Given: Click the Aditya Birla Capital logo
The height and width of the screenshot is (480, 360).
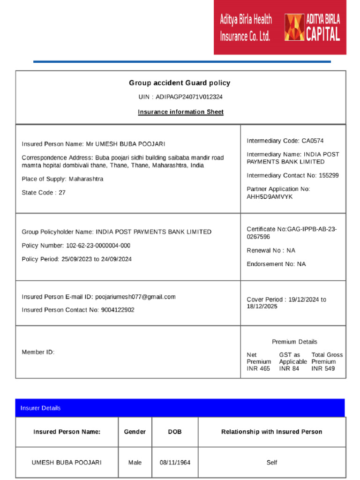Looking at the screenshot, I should pyautogui.click(x=312, y=27).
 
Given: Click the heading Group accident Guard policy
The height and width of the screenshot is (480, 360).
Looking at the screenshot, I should pyautogui.click(x=180, y=83).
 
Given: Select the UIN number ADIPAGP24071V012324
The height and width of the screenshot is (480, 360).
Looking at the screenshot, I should pyautogui.click(x=189, y=97).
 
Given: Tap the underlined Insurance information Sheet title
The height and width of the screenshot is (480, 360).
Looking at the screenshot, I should pyautogui.click(x=180, y=112).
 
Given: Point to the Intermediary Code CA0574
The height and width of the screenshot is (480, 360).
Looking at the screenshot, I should pyautogui.click(x=313, y=141).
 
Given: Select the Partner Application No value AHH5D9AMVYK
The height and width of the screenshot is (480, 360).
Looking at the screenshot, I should pyautogui.click(x=270, y=197).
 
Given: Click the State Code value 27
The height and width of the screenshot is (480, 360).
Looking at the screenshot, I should pyautogui.click(x=62, y=193).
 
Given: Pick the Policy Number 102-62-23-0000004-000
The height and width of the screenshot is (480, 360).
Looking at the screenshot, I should pyautogui.click(x=98, y=246).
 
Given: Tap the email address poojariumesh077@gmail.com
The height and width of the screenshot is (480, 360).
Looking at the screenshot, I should pyautogui.click(x=135, y=297).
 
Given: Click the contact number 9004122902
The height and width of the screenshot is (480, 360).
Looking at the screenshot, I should pyautogui.click(x=117, y=310).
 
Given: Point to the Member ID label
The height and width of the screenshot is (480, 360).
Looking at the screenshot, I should pyautogui.click(x=38, y=352).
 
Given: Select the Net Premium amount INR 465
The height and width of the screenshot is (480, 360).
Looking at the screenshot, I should pyautogui.click(x=258, y=369).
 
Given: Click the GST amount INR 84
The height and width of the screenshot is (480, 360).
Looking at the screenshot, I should pyautogui.click(x=289, y=369).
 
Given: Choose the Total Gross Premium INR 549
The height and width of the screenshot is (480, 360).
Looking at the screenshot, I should pyautogui.click(x=323, y=369).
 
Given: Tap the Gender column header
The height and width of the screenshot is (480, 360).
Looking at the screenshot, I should pyautogui.click(x=135, y=432).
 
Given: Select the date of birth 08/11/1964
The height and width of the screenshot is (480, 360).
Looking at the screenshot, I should pyautogui.click(x=175, y=463).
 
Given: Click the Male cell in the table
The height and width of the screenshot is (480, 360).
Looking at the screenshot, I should pyautogui.click(x=135, y=463).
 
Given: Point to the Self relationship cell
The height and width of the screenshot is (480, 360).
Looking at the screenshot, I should pyautogui.click(x=271, y=463).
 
